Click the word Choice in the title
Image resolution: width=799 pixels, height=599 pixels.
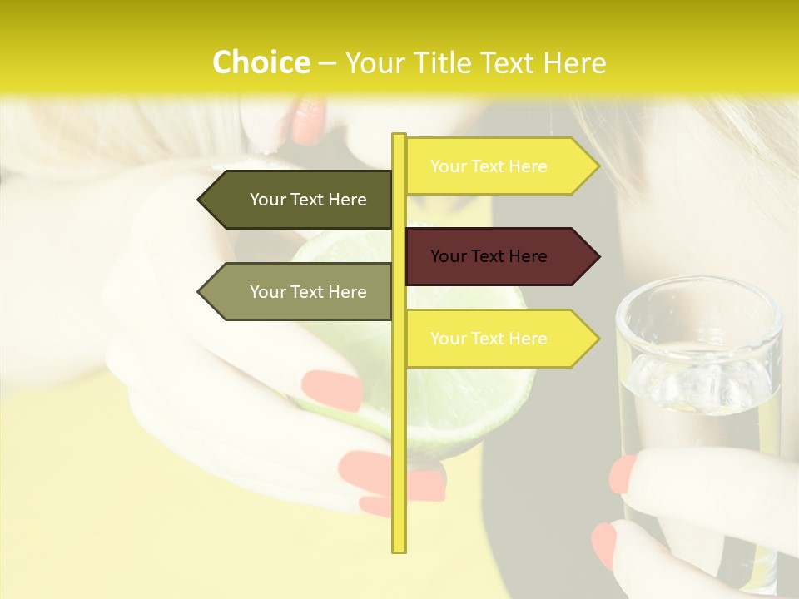click(x=261, y=63)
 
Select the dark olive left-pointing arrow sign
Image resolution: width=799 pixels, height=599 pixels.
click(x=295, y=200)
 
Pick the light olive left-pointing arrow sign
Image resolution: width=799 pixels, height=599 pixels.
click(x=295, y=292)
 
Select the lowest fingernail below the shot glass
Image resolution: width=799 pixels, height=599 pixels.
click(x=604, y=546)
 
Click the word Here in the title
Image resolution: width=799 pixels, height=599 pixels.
click(x=575, y=63)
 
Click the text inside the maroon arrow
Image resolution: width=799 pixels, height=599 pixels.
click(x=489, y=256)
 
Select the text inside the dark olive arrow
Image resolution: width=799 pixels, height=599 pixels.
click(x=308, y=200)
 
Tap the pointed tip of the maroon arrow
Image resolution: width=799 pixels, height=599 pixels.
click(x=598, y=256)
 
